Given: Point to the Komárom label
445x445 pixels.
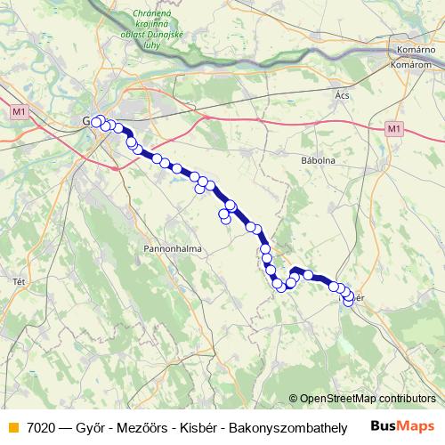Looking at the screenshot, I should click(412, 66).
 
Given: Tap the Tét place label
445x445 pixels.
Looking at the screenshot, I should click(18, 281).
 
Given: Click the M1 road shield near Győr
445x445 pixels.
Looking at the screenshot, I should click(20, 111).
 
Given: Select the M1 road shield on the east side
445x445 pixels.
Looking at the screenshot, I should click(393, 129).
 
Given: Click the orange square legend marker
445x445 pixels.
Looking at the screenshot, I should click(12, 427).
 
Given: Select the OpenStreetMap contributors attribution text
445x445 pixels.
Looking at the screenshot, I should click(367, 398).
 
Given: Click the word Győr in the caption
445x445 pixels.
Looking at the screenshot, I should click(87, 427).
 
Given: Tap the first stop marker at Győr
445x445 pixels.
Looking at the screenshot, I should click(95, 122).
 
